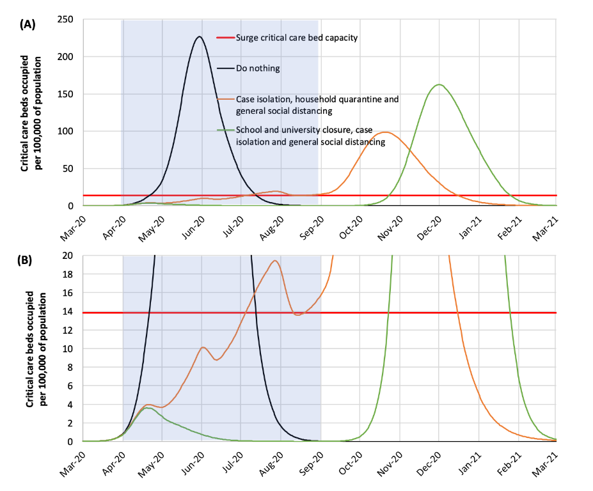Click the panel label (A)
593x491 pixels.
28,24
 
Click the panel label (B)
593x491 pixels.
28,260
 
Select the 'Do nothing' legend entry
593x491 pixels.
258,68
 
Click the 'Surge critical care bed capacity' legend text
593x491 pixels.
296,38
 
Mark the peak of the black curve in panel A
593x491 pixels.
200,36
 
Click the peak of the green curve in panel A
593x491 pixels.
439,84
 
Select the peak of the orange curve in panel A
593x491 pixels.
386,132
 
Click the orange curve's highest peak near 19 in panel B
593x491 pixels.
275,261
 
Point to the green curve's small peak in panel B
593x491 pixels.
148,408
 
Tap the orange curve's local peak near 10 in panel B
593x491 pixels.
203,347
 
